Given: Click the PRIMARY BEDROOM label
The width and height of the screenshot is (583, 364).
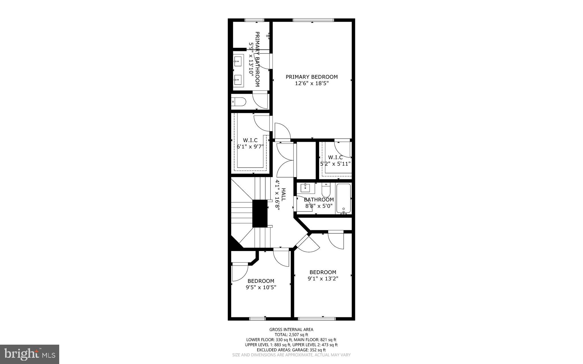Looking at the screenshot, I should (x=312, y=77).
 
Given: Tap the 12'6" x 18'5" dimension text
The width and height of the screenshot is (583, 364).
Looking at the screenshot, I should (x=312, y=83).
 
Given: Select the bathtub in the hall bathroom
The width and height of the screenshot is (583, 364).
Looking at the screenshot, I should (x=344, y=199).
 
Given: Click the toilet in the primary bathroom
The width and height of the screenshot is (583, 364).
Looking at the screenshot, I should (x=239, y=101).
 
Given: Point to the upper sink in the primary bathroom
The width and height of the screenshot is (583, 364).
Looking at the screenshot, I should (x=238, y=61).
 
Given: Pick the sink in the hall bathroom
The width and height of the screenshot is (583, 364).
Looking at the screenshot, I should (x=305, y=188).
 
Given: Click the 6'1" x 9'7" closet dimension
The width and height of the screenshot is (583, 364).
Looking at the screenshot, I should (x=250, y=147).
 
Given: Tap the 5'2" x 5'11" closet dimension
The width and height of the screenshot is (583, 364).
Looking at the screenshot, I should (x=335, y=164).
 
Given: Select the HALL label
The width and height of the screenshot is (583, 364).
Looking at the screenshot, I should (x=284, y=194).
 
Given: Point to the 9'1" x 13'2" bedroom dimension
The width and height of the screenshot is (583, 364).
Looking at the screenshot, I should (x=323, y=279).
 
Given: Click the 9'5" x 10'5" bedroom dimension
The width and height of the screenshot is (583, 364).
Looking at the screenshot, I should (x=261, y=287).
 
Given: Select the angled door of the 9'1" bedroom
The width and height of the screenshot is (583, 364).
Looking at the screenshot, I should (x=307, y=243).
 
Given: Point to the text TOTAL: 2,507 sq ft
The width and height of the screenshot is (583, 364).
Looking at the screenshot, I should (x=291, y=335).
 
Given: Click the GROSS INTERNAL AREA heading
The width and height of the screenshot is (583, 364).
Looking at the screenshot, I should (x=291, y=330).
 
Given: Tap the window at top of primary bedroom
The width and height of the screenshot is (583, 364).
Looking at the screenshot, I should (x=313, y=20).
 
